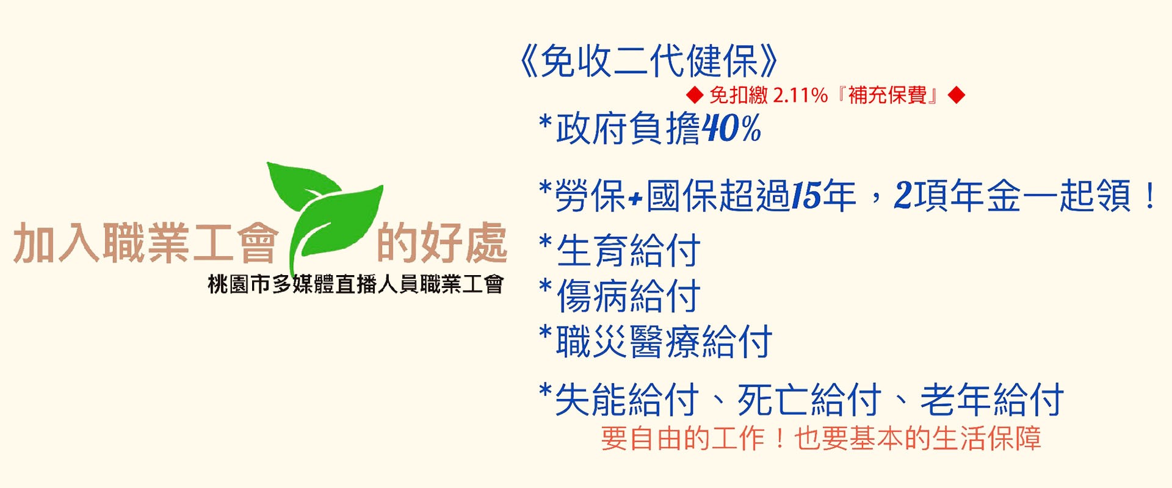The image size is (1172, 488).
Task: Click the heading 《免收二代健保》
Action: pos(648,61)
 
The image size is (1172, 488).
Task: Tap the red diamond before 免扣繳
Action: pos(695,95)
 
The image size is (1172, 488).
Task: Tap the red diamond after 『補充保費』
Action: pos(957,95)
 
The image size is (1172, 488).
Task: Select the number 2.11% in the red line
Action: pos(800,95)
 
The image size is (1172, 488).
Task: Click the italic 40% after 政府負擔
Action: pos(731,128)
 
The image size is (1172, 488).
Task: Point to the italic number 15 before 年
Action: pos(806,196)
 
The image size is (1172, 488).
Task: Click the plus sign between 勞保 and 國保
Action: pos(636,198)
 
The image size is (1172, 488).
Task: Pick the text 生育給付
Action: pos(628,251)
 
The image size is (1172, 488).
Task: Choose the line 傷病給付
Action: pos(628,296)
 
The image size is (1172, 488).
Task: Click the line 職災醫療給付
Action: pos(664,341)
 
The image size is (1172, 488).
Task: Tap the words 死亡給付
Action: pos(809,400)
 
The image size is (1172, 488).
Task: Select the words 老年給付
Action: pos(992,400)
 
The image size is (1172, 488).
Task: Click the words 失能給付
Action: pos(627,400)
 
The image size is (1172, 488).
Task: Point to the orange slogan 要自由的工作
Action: pos(682,438)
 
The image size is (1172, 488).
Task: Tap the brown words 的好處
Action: pos(442,242)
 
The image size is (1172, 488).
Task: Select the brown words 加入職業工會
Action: pos(146,242)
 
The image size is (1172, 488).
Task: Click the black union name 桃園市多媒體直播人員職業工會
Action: pos(356,284)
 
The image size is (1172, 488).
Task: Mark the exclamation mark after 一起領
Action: pos(1151,196)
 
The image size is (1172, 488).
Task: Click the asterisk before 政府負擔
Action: pos(545,120)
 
